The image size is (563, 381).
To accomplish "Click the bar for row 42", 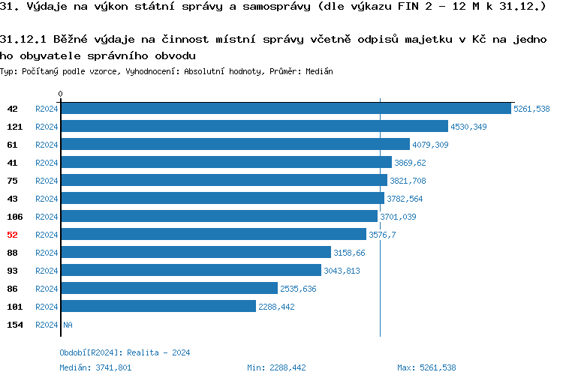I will tap(285, 109).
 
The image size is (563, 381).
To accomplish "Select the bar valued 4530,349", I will tap(254, 127).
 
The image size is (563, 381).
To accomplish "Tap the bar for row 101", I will tap(158, 307).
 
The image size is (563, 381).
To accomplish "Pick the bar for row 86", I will tap(169, 289).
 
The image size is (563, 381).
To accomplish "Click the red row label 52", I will tap(12, 235).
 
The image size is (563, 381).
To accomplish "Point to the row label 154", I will tap(14, 325).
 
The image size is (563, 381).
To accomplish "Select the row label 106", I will tap(14, 217).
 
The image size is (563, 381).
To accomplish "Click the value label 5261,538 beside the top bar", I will tap(531, 109).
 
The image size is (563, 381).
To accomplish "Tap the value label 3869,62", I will tap(410, 163).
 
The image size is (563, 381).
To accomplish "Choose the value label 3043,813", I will tap(342, 271).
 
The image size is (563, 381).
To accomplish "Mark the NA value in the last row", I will tap(68, 325).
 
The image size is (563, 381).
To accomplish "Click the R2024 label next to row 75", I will tap(47, 181).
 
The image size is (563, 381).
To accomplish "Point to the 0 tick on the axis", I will tap(60, 94).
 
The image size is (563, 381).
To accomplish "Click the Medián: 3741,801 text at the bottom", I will tap(95, 367).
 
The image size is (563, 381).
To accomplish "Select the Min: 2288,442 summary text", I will tap(276, 367).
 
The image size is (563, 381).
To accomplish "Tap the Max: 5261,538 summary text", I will tap(426, 367).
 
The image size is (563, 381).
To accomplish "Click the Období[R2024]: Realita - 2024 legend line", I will tap(125, 352).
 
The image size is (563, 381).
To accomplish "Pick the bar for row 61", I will tap(235, 145).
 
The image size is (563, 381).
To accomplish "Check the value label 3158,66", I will tap(349, 253).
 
